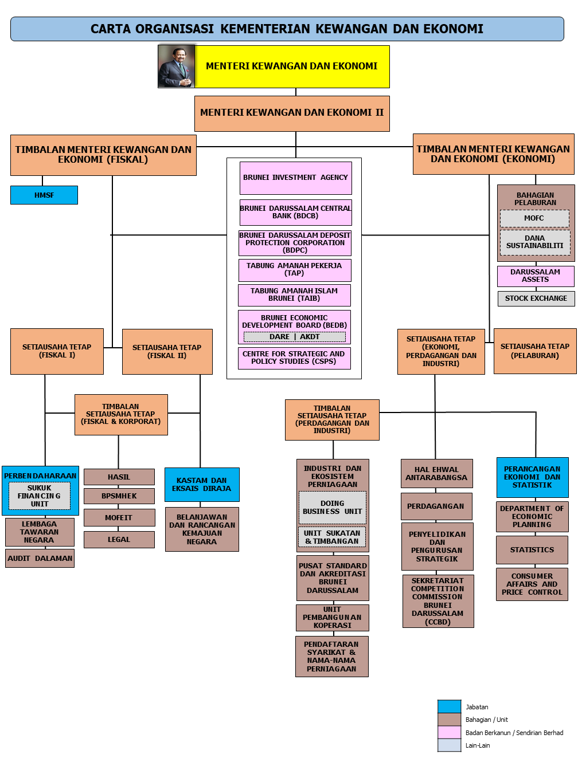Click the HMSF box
[44, 195]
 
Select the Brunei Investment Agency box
[295, 178]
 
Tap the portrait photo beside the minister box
[176, 66]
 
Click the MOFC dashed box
[533, 218]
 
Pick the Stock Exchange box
[536, 298]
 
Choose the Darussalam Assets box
[535, 276]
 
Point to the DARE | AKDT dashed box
[294, 336]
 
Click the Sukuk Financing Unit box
[40, 496]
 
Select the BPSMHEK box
[119, 496]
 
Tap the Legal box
[119, 539]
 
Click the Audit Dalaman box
[40, 558]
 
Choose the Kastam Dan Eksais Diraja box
[202, 484]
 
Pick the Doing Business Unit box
[332, 507]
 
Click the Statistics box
[532, 549]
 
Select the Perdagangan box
[436, 506]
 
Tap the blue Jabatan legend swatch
[449, 706]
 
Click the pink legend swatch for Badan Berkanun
[449, 732]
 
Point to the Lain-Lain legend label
[477, 745]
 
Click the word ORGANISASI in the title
[174, 29]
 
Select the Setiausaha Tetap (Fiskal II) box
[167, 352]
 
